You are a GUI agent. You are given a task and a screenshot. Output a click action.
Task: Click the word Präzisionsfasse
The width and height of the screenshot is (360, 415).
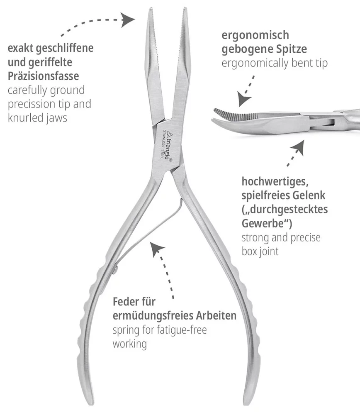[44, 76]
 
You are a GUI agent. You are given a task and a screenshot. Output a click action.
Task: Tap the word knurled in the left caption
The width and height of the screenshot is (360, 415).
[25, 117]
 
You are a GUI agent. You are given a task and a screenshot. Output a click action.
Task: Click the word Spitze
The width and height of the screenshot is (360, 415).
[291, 49]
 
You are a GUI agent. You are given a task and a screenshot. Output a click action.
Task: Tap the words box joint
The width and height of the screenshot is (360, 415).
[260, 251]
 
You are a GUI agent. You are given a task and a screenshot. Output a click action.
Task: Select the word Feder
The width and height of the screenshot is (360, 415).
[126, 301]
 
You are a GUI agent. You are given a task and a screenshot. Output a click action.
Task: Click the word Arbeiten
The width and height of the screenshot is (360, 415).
[216, 315]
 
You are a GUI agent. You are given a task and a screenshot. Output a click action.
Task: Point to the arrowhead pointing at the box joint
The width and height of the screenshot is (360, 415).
[297, 148]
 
